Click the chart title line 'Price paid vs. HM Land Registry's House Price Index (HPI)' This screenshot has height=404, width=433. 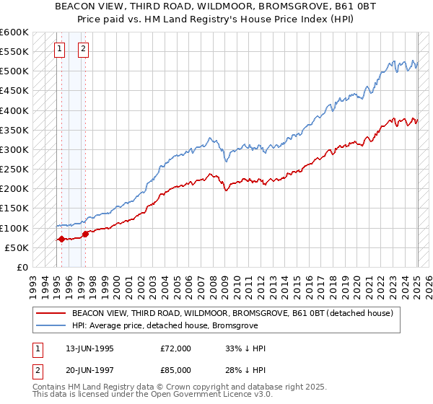[216, 19]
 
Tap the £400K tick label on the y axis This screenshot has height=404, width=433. [14, 110]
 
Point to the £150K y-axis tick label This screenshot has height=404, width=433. [14, 208]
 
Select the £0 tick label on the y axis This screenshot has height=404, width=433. [22, 267]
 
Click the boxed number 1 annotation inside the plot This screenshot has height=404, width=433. [59, 49]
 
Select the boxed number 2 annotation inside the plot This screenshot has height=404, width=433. [84, 49]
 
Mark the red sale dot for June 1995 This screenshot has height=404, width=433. [61, 239]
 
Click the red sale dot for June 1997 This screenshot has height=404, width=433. [85, 234]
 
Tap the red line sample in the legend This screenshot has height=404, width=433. [51, 314]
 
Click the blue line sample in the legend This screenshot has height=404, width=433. [51, 326]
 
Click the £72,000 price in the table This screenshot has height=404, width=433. [176, 348]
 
